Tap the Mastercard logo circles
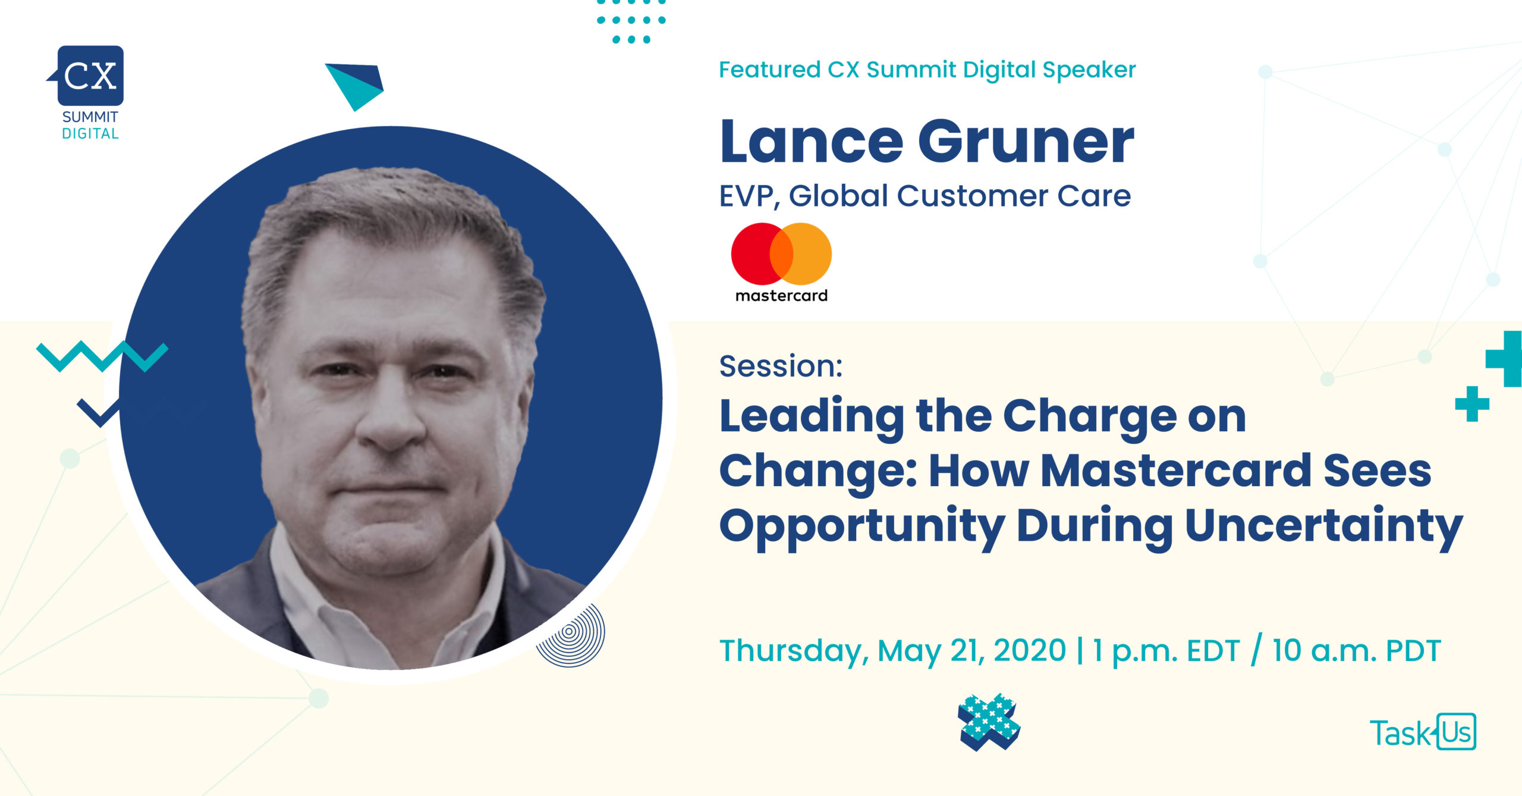(x=781, y=253)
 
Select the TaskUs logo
(x=1423, y=732)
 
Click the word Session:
(x=781, y=365)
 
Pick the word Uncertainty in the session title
(x=1323, y=527)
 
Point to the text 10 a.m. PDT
(x=1357, y=650)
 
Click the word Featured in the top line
(x=769, y=70)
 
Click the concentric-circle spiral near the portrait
(x=570, y=634)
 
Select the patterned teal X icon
(x=989, y=722)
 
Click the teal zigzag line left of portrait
(x=102, y=356)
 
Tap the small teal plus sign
(x=1472, y=404)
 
